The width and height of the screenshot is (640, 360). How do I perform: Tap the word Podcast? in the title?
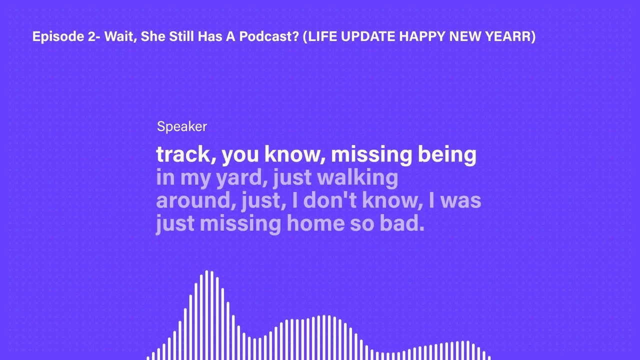pos(272,36)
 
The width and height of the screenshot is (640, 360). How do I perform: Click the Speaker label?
pos(182,126)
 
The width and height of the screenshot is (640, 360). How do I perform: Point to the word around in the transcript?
pos(195,201)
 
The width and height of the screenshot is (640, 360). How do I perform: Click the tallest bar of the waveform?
pos(206,315)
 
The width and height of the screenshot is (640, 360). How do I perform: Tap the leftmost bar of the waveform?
pos(148,357)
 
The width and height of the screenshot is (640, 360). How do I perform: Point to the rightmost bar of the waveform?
pos(489,357)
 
